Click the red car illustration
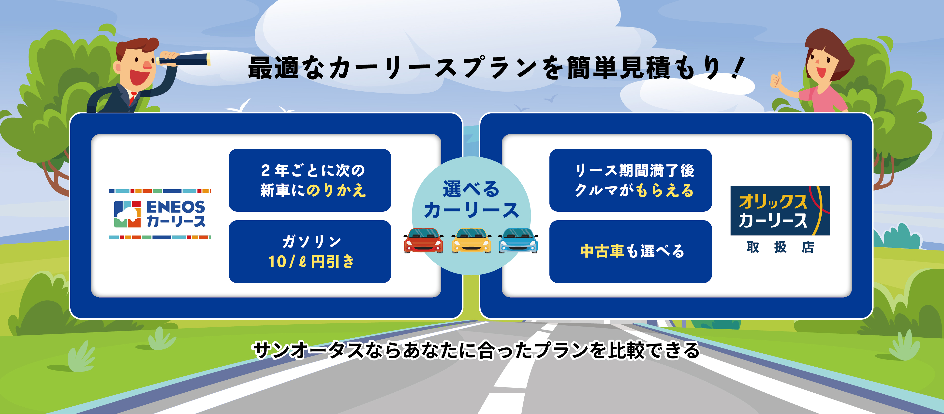pos(423,240)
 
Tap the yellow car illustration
pos(471,240)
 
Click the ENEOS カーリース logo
pos(160,214)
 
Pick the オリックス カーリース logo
pos(780,211)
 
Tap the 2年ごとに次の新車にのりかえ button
pos(310,180)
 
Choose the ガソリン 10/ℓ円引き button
pos(310,251)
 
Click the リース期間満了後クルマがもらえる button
pos(630,180)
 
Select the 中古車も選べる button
pos(630,251)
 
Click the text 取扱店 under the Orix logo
pos(780,248)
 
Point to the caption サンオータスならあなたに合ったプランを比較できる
pos(476,350)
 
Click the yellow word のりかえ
pos(336,190)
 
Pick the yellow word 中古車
pos(602,251)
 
